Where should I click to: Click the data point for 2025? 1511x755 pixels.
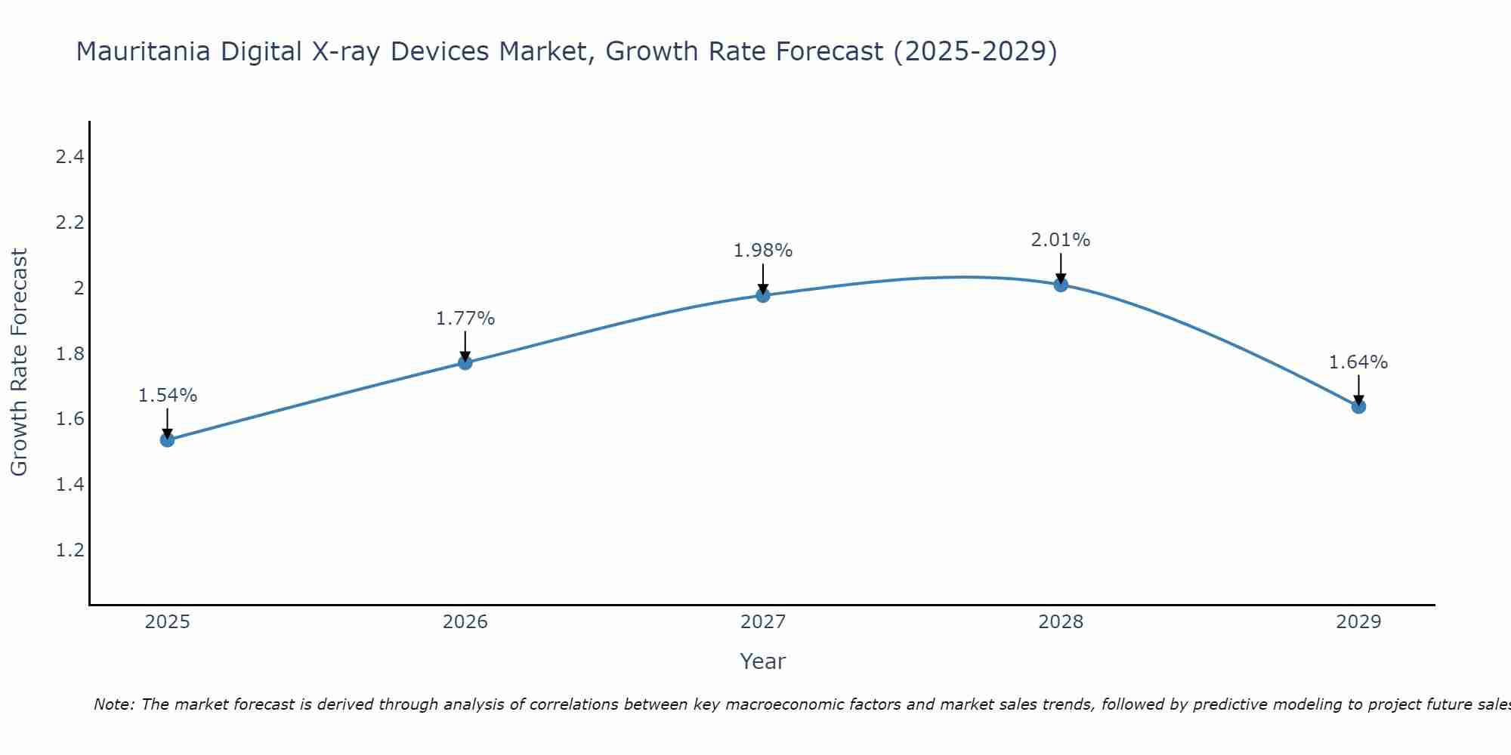168,439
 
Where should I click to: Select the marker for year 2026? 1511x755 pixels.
465,362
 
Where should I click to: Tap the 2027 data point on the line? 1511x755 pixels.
763,295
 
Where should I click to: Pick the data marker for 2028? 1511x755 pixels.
1061,285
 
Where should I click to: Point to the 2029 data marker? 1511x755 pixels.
1358,406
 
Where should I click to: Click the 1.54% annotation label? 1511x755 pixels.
168,396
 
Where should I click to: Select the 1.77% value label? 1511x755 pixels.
465,319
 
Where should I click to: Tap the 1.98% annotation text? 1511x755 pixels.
763,251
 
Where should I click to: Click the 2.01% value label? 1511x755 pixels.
1061,240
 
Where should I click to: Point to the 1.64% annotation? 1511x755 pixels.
1358,362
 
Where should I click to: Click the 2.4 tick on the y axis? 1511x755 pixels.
70,157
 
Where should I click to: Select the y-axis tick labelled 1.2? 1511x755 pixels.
70,550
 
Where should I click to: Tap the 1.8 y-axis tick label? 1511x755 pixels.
70,353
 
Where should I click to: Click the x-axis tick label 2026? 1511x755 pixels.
465,622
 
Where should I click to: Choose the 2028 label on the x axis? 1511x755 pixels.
1061,622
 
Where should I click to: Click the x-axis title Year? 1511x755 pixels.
763,661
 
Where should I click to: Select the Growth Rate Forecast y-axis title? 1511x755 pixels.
19,362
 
